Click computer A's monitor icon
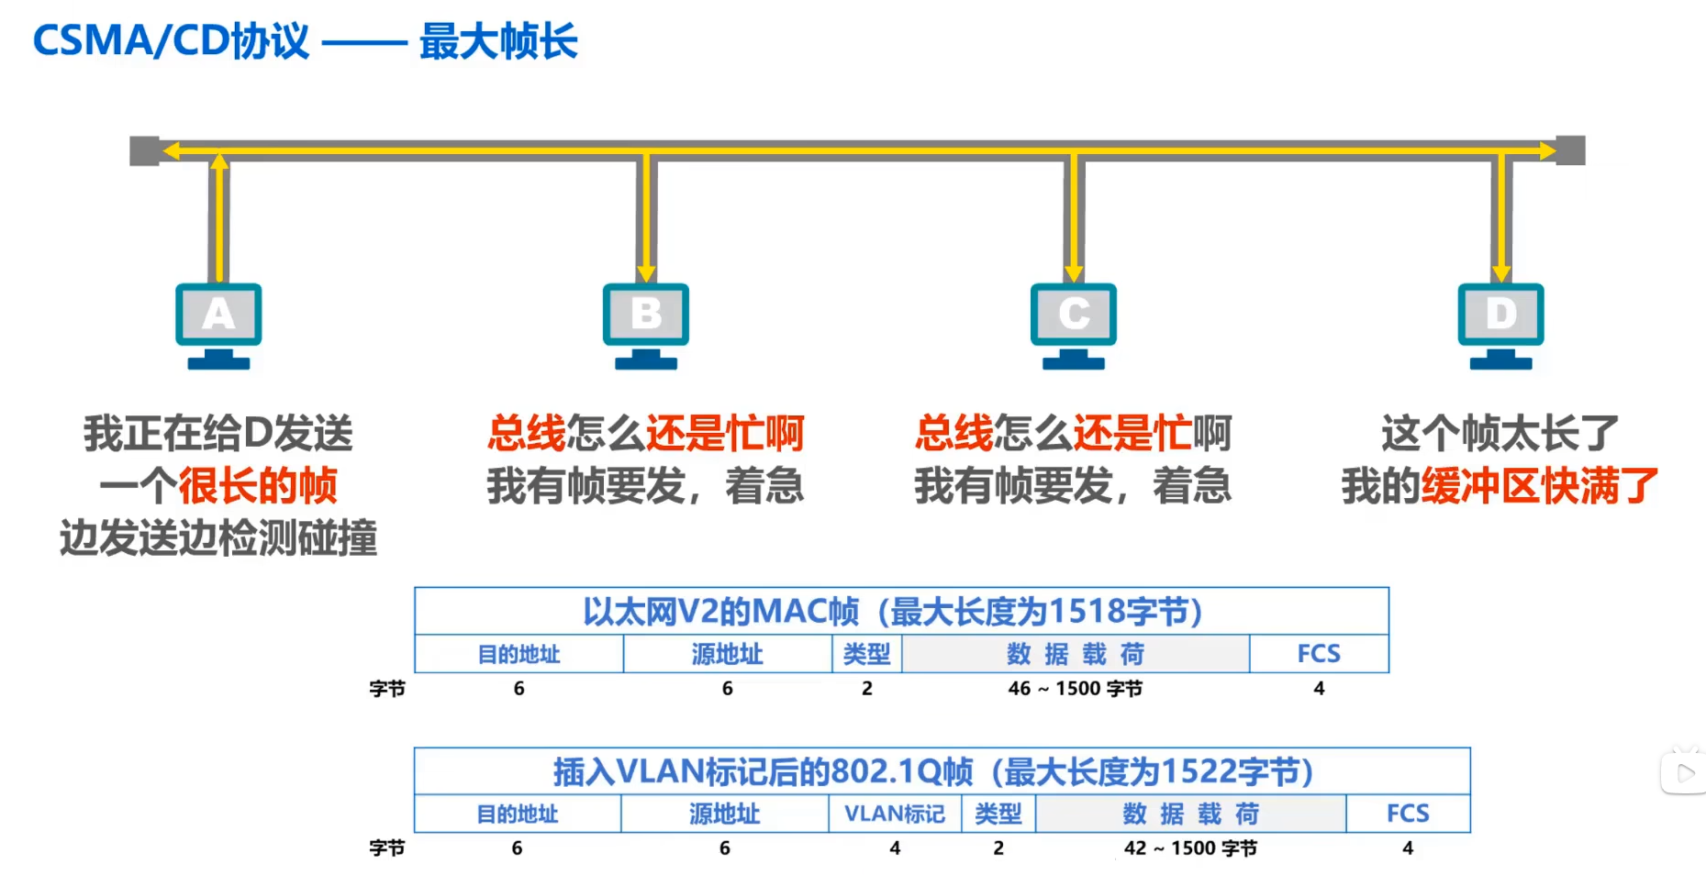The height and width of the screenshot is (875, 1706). (x=218, y=315)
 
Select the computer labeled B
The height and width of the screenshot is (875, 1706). (x=646, y=315)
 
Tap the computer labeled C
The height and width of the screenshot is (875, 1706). (x=1073, y=315)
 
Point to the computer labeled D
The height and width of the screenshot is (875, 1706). (x=1500, y=315)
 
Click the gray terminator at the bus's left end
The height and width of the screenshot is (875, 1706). (x=144, y=150)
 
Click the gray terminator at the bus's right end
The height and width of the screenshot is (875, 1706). (x=1571, y=150)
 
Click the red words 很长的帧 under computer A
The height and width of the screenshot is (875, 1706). (x=258, y=485)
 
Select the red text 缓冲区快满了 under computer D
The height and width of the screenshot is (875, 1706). (x=1540, y=485)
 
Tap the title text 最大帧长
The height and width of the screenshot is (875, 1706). (x=498, y=42)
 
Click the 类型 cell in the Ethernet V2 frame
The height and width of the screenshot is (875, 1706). (x=866, y=654)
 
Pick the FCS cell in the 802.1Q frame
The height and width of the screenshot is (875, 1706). (x=1408, y=814)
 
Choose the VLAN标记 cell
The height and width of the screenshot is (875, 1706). (x=895, y=814)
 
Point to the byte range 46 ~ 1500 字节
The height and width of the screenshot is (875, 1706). (x=1075, y=689)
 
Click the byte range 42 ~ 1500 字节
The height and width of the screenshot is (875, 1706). (x=1190, y=848)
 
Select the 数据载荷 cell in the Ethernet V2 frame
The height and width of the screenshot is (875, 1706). (x=1075, y=654)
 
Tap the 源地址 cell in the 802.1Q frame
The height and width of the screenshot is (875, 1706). (x=724, y=814)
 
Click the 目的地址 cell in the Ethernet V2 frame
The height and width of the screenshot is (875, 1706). (x=518, y=654)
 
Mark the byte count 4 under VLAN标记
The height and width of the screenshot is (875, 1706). (x=895, y=848)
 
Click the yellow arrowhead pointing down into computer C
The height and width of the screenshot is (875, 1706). (x=1074, y=273)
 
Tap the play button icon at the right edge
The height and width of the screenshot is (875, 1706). (x=1686, y=773)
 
